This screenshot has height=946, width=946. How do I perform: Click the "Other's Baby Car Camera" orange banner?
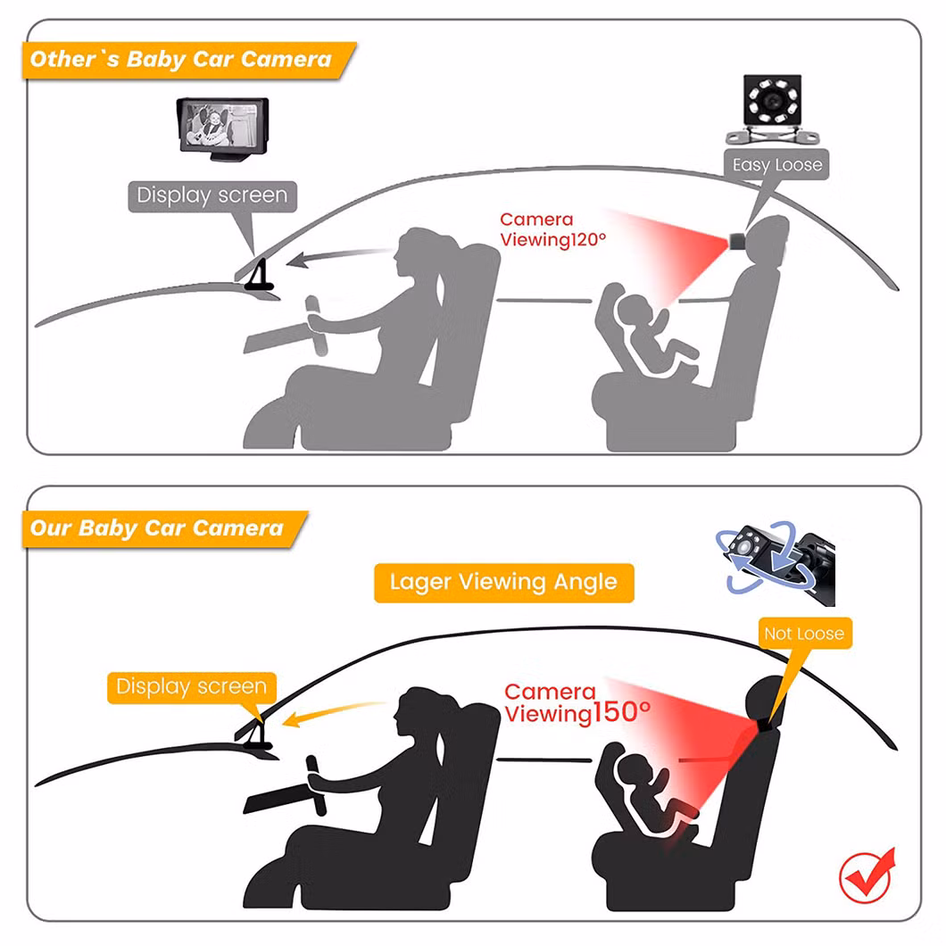click(188, 60)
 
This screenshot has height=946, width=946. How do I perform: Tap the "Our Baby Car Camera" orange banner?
click(164, 528)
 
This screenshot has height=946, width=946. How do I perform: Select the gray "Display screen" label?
click(212, 196)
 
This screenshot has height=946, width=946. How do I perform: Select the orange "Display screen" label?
click(192, 687)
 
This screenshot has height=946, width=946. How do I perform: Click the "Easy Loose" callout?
click(776, 165)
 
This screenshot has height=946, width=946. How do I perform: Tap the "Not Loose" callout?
click(805, 634)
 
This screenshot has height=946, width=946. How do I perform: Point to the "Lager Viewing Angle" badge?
click(503, 582)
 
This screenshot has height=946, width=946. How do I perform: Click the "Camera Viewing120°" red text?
click(552, 229)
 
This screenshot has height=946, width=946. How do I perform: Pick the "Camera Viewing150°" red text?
click(577, 702)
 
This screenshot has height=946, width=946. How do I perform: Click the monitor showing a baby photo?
click(222, 129)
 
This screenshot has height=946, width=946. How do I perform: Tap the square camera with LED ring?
click(772, 109)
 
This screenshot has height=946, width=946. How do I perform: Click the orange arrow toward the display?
click(335, 713)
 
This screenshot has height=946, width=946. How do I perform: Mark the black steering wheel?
click(316, 785)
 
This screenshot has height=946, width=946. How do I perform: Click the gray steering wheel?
click(317, 327)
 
